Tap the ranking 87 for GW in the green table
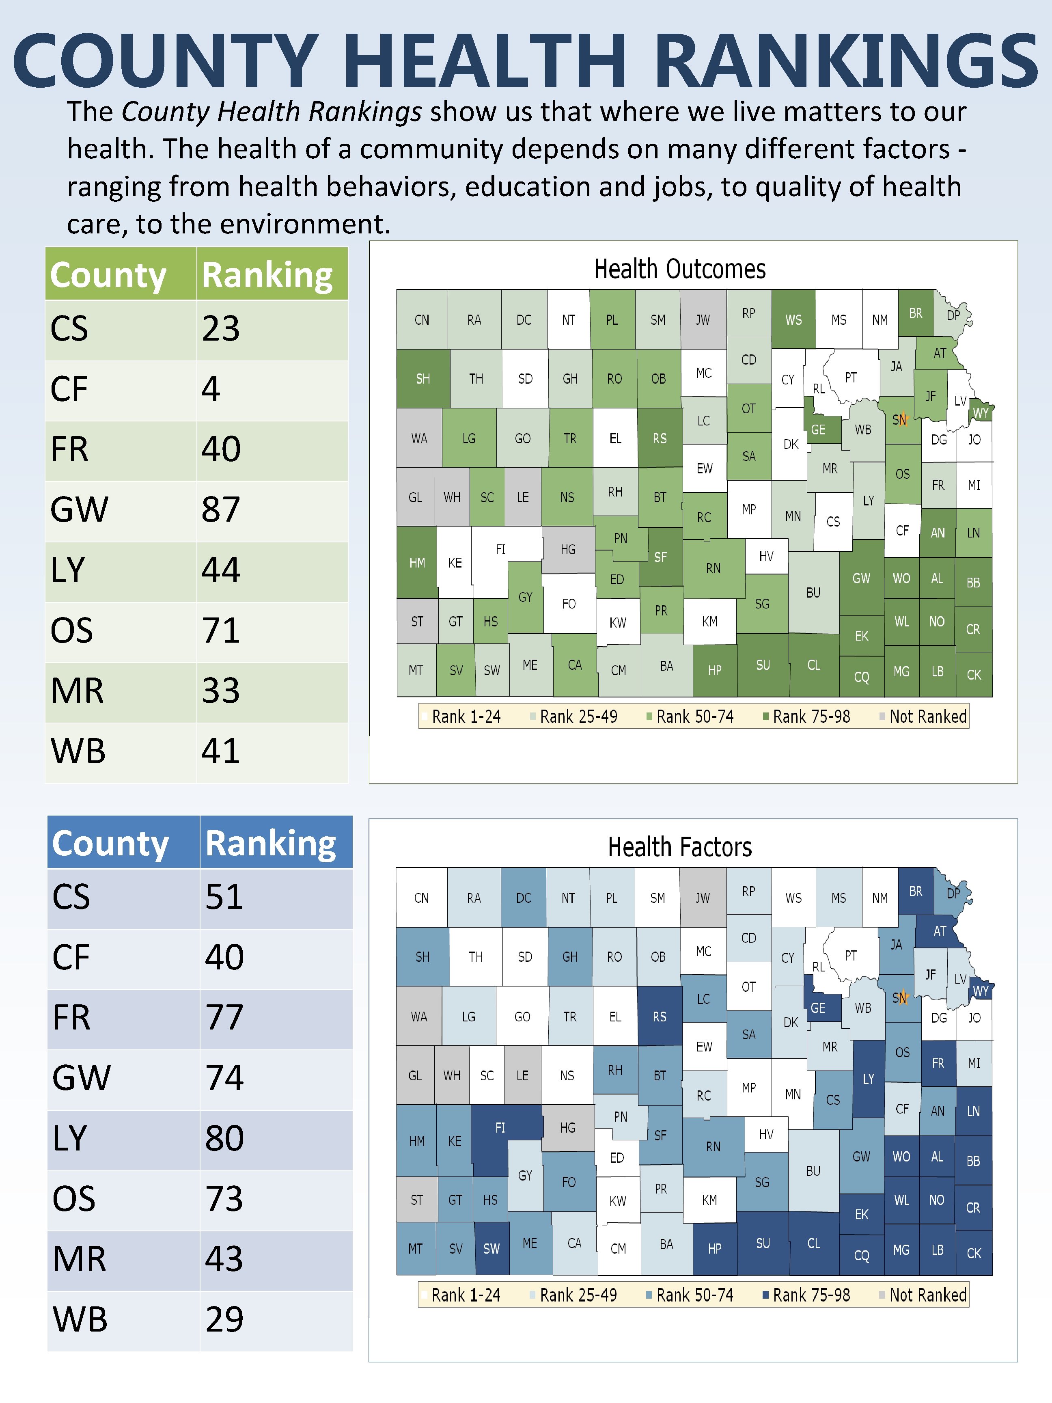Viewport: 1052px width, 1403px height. tap(221, 509)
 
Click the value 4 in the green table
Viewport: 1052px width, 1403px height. tap(211, 389)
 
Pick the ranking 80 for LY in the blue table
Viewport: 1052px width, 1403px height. tap(224, 1138)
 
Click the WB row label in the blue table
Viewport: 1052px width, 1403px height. tap(80, 1319)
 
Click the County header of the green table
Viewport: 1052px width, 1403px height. tap(108, 275)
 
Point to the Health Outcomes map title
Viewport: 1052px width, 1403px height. tap(680, 269)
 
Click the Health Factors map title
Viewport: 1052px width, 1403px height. tap(680, 847)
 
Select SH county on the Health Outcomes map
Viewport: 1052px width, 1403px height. tap(423, 379)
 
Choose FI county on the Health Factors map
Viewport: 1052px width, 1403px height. tap(500, 1128)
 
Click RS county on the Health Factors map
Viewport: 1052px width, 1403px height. tap(660, 1017)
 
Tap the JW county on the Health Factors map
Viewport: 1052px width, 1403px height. tap(703, 898)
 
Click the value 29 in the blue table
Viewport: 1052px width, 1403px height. tap(224, 1319)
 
